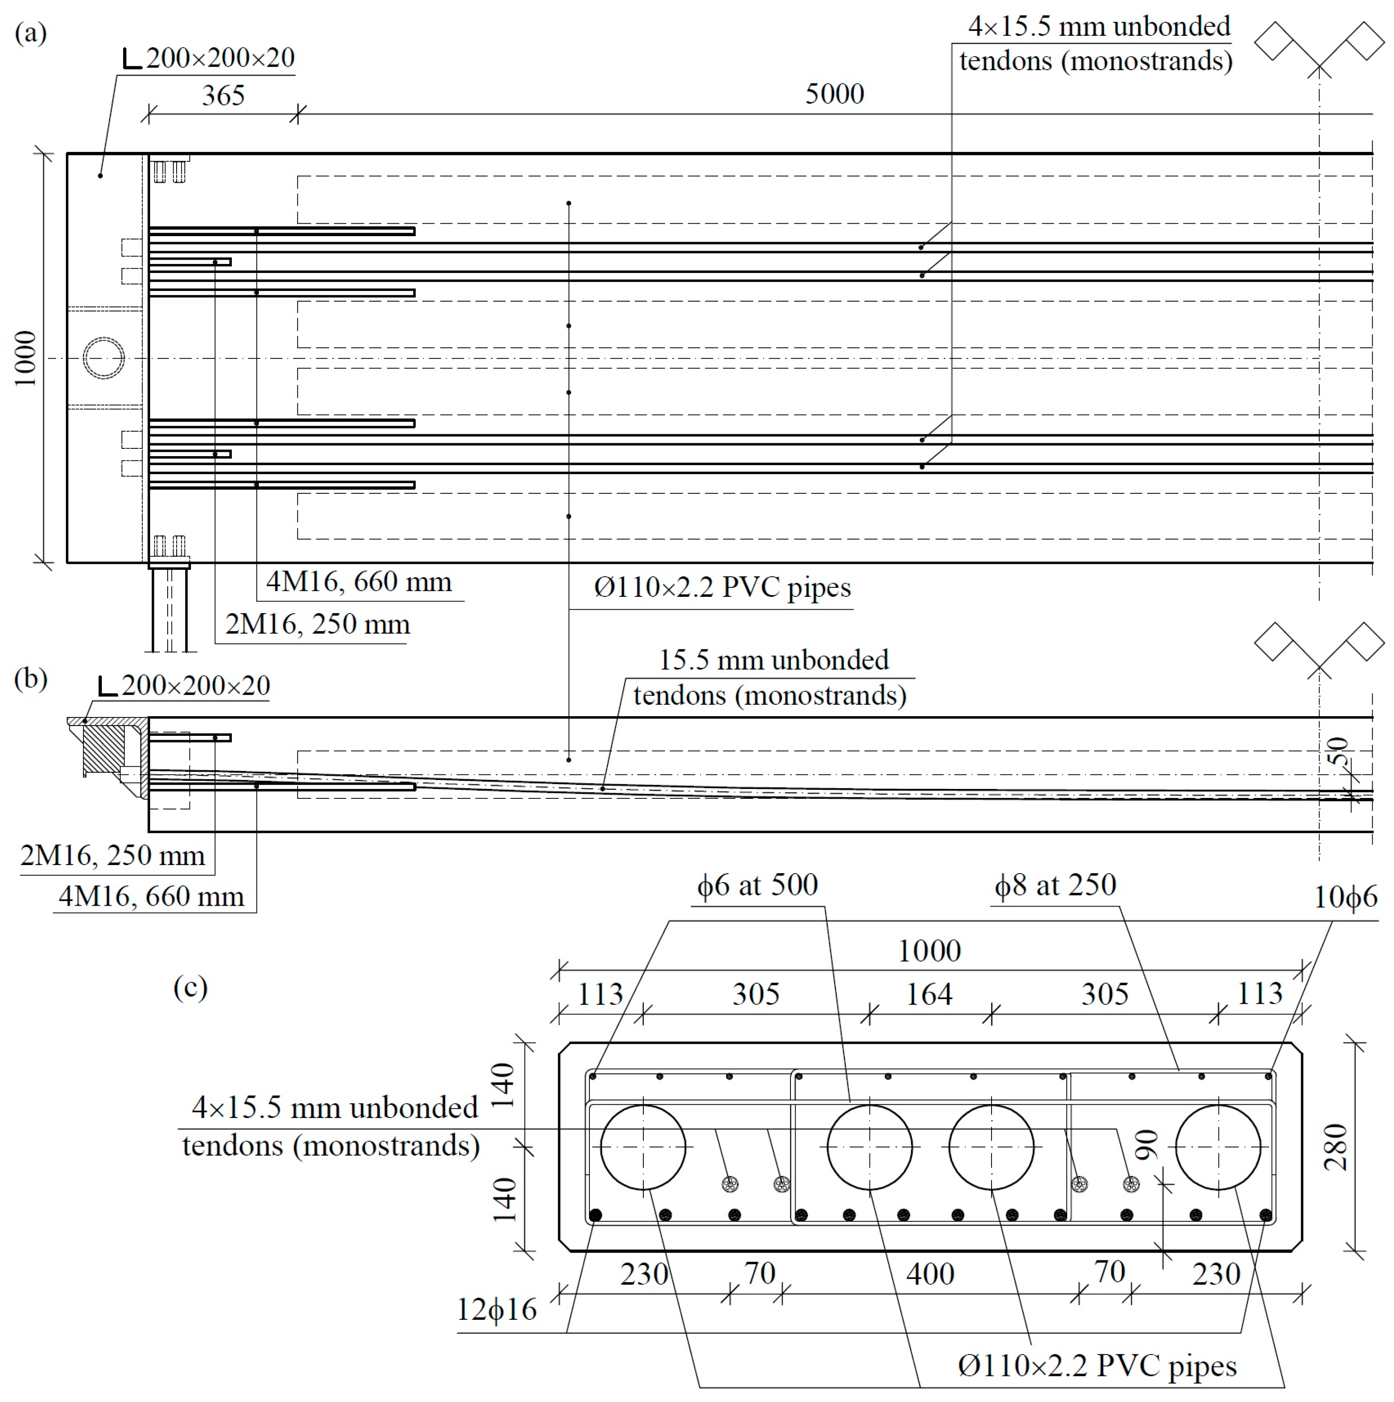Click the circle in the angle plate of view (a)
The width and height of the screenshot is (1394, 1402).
(103, 358)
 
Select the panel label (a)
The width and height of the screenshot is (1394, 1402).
(30, 33)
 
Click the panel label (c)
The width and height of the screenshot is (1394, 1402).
(190, 987)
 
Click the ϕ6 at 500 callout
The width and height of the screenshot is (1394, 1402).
(757, 885)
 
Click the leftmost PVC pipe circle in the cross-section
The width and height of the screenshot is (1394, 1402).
(643, 1147)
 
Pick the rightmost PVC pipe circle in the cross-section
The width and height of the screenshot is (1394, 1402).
(1218, 1147)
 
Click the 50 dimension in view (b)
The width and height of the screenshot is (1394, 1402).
(1338, 751)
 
